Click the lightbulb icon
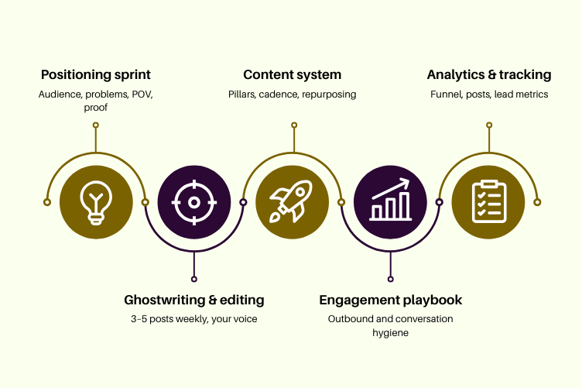tap(96, 202)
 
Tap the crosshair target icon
tap(194, 202)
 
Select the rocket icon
tap(292, 202)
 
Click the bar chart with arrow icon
tap(390, 202)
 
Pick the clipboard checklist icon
tap(488, 202)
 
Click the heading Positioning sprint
tap(96, 75)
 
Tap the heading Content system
tap(292, 75)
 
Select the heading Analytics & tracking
tap(489, 75)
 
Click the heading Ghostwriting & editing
tap(194, 300)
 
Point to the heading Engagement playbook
tap(391, 300)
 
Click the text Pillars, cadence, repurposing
tap(292, 94)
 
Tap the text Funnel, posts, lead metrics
tap(489, 94)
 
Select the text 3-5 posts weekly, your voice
tap(194, 319)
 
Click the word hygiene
tap(391, 334)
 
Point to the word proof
tap(96, 108)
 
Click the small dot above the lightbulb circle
tap(96, 125)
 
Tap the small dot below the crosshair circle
tap(194, 279)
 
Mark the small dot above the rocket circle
tap(293, 125)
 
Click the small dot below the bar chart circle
tap(390, 279)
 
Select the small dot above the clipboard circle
tap(488, 125)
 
